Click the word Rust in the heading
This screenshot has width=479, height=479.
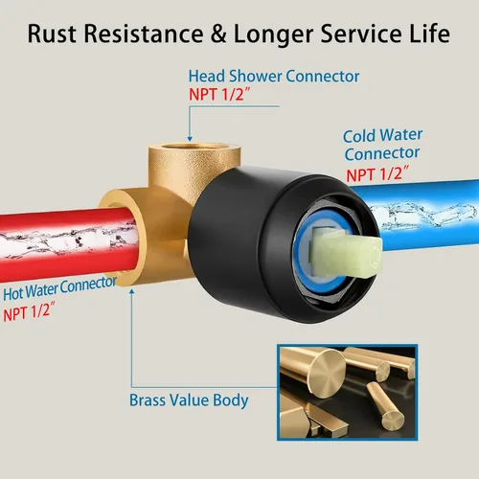(x=52, y=34)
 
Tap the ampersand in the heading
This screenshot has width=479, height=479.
(x=218, y=34)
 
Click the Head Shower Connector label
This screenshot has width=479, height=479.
(x=274, y=77)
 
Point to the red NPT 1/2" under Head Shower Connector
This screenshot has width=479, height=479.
(x=219, y=95)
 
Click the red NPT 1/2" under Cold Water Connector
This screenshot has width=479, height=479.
(x=377, y=174)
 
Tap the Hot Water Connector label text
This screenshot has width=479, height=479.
(x=59, y=288)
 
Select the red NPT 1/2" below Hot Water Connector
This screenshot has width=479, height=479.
(x=29, y=311)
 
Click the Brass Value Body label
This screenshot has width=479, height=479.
(x=189, y=400)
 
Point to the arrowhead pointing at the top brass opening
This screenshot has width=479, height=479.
(x=190, y=139)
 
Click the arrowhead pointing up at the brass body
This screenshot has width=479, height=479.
(x=131, y=292)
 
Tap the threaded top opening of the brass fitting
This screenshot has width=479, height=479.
(x=194, y=147)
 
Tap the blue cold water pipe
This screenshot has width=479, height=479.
(x=428, y=215)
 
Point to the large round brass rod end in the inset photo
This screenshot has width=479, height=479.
(x=326, y=372)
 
